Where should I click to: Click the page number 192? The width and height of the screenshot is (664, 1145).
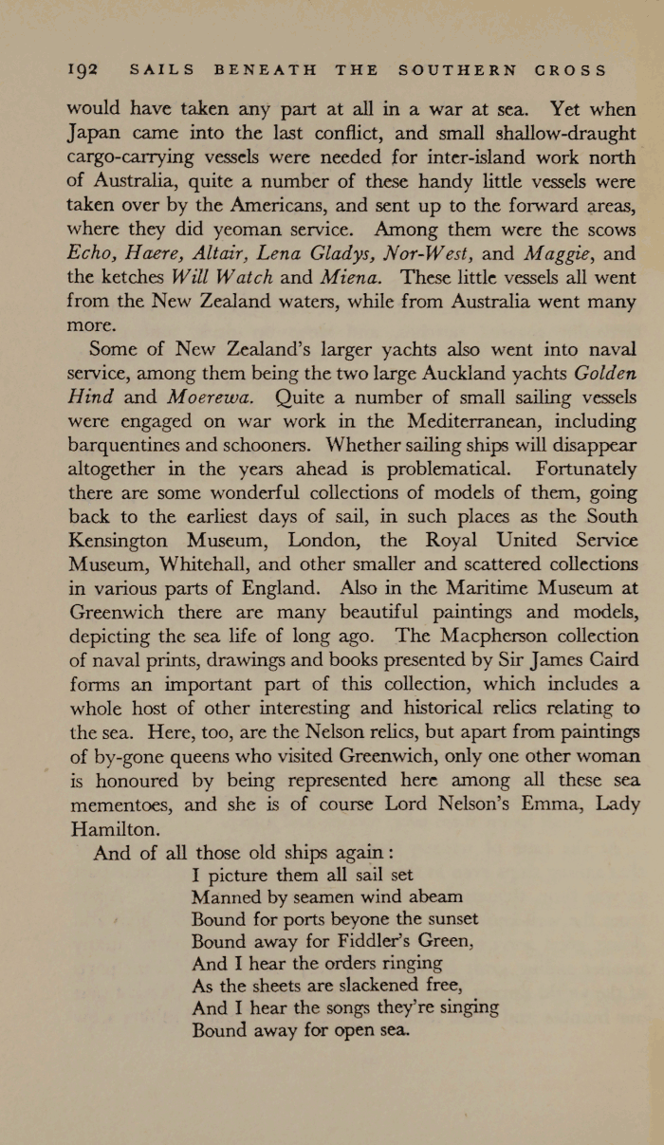(x=85, y=70)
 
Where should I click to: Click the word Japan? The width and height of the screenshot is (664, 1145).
(x=93, y=133)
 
